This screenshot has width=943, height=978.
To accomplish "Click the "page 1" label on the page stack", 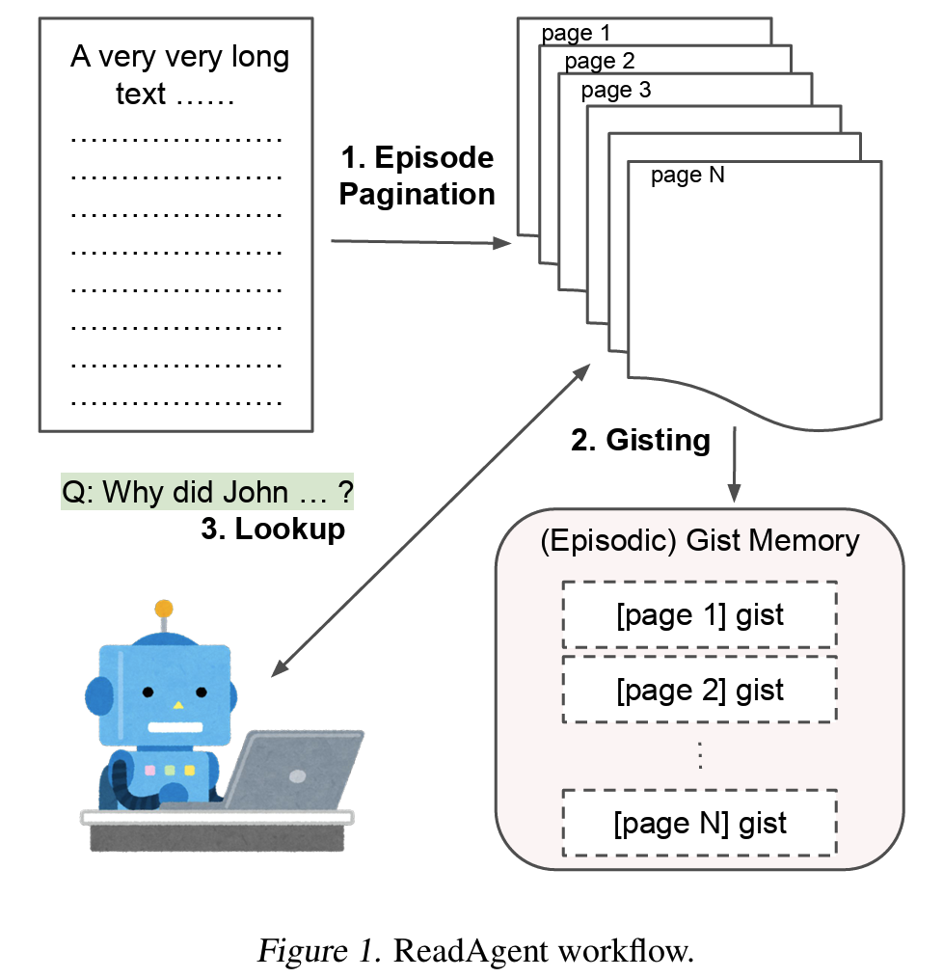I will (x=576, y=35).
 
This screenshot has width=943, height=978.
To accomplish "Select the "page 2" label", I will (x=600, y=62).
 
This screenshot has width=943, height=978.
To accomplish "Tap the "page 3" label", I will (x=616, y=91).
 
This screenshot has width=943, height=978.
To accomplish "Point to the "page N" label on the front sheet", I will (x=687, y=176).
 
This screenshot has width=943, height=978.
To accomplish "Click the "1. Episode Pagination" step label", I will (x=417, y=176).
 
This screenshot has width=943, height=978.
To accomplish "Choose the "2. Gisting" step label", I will (x=640, y=441).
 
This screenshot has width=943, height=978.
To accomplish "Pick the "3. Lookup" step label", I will (x=273, y=529).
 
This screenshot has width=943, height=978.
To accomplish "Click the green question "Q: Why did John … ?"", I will (x=207, y=492).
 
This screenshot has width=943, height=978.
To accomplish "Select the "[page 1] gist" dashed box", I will (x=700, y=614).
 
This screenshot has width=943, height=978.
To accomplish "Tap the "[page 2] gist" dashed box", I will (x=700, y=690).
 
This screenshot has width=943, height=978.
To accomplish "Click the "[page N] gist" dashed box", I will (x=700, y=823).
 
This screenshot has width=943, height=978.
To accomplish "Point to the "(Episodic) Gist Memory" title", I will (x=700, y=540).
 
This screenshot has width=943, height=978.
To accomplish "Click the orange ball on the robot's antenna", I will (x=164, y=609).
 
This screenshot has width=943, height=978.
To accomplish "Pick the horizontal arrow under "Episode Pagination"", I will (x=419, y=242).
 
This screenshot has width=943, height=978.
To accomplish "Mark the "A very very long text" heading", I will (x=179, y=74).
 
